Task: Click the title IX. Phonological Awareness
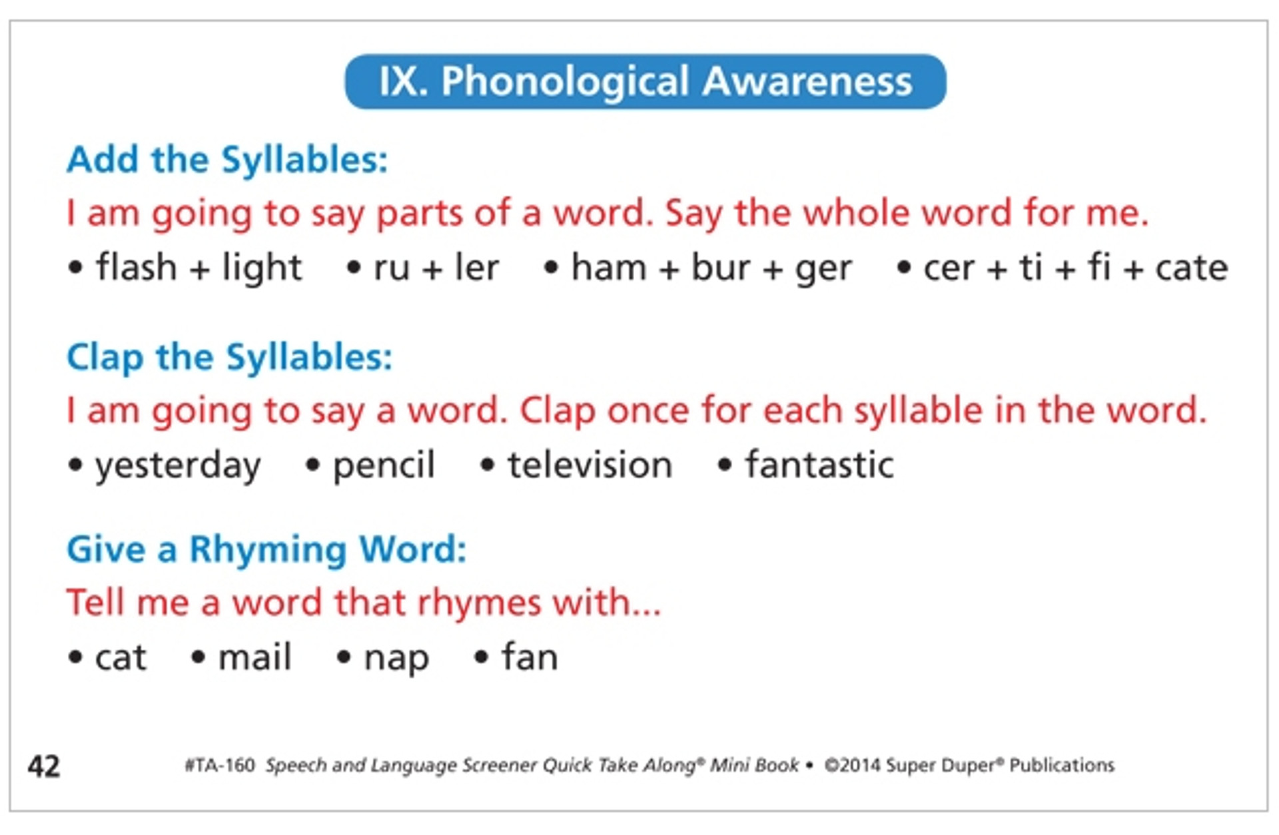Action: click(x=645, y=81)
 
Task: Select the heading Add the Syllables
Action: click(x=226, y=160)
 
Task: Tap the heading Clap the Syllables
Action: click(x=229, y=357)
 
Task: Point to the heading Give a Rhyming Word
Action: click(x=266, y=549)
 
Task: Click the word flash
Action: click(x=136, y=268)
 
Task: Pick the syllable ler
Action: click(x=476, y=268)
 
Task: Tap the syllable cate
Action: click(x=1191, y=268)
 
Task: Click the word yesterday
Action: click(x=177, y=465)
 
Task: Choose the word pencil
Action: click(x=384, y=465)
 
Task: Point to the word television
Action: click(x=590, y=465)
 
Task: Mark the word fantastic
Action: click(x=819, y=465)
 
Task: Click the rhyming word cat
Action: click(x=120, y=658)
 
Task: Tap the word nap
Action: click(x=396, y=658)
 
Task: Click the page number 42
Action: click(x=44, y=766)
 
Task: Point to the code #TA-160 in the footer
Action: click(x=220, y=765)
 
